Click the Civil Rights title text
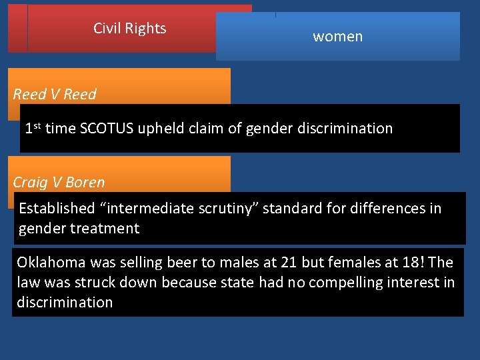point(129,29)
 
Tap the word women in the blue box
point(338,37)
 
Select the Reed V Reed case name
point(55,94)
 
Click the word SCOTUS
point(107,128)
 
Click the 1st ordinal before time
point(33,127)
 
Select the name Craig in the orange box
point(31,182)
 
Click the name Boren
point(85,182)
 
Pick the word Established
point(57,209)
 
